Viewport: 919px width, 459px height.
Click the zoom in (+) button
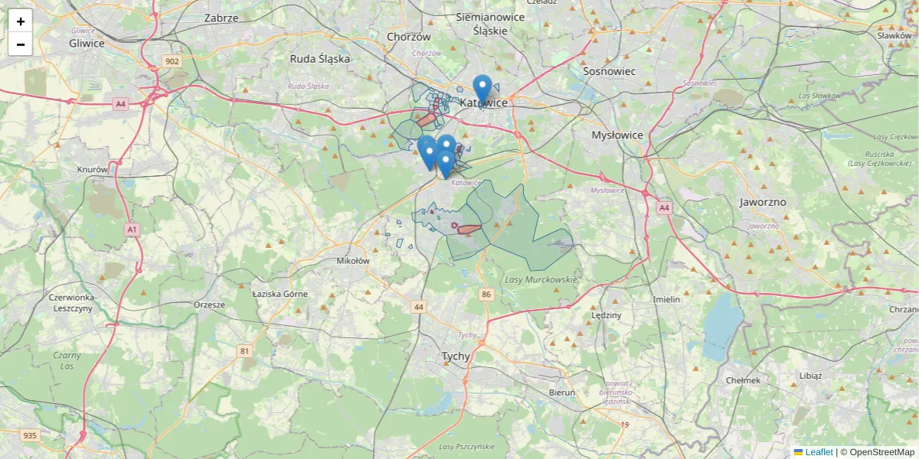(x=21, y=21)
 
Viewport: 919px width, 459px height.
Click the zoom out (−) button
(x=21, y=44)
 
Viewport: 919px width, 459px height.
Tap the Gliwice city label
(x=87, y=43)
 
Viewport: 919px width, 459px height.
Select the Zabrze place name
(x=221, y=18)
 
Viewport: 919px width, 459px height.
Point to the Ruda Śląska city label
(x=319, y=58)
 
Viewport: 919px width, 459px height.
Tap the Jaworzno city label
(x=763, y=203)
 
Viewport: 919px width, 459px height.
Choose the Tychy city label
(x=456, y=356)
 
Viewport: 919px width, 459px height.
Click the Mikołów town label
(x=353, y=261)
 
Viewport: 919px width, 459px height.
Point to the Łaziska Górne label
(x=280, y=294)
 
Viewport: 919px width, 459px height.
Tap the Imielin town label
(x=666, y=299)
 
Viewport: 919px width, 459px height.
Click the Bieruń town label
(x=562, y=392)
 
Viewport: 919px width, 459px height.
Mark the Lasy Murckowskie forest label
(x=541, y=279)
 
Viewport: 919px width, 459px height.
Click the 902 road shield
(x=172, y=61)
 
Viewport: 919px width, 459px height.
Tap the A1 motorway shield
(x=132, y=229)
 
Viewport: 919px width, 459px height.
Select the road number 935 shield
(x=30, y=435)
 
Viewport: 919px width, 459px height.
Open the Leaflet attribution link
(x=818, y=452)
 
